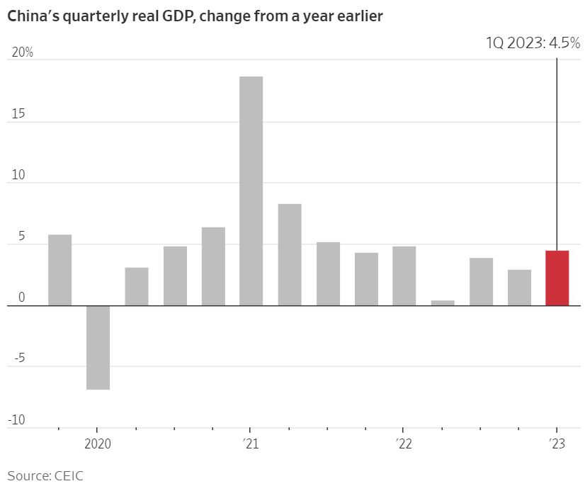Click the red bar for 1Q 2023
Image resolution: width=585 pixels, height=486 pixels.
point(557,278)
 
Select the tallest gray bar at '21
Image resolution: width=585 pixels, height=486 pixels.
point(251,191)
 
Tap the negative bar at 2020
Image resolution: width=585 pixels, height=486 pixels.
point(98,347)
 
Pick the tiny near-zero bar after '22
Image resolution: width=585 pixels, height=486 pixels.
point(443,303)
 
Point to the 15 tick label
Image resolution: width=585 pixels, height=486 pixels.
point(17,114)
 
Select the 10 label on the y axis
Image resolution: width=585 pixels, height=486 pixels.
point(17,176)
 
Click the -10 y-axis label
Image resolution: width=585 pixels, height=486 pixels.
point(17,420)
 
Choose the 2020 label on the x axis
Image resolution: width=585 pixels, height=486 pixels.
point(98,444)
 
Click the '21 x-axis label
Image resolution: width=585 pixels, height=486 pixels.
point(250,444)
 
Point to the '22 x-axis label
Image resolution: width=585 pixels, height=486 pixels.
point(403,444)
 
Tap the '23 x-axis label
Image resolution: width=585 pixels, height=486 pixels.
point(557,444)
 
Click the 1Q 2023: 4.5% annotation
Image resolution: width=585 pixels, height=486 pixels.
point(533,43)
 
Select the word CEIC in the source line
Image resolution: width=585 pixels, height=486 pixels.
point(69,475)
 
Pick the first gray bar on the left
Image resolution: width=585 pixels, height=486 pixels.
point(59,270)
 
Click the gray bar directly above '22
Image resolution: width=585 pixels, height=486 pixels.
point(404,276)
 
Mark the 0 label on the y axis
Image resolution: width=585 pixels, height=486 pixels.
point(21,298)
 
